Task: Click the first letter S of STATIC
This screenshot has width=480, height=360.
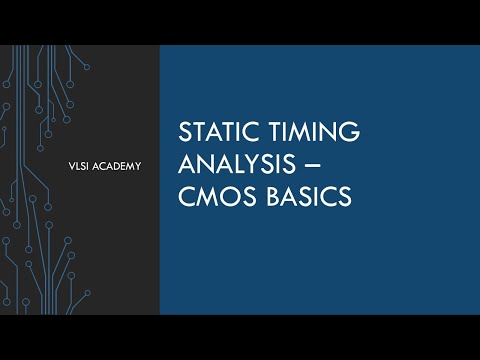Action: (x=182, y=134)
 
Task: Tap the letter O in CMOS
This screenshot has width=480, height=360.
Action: (x=227, y=197)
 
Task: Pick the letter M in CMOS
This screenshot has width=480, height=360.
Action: (x=204, y=197)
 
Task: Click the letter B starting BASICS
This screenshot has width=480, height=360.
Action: (x=263, y=197)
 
